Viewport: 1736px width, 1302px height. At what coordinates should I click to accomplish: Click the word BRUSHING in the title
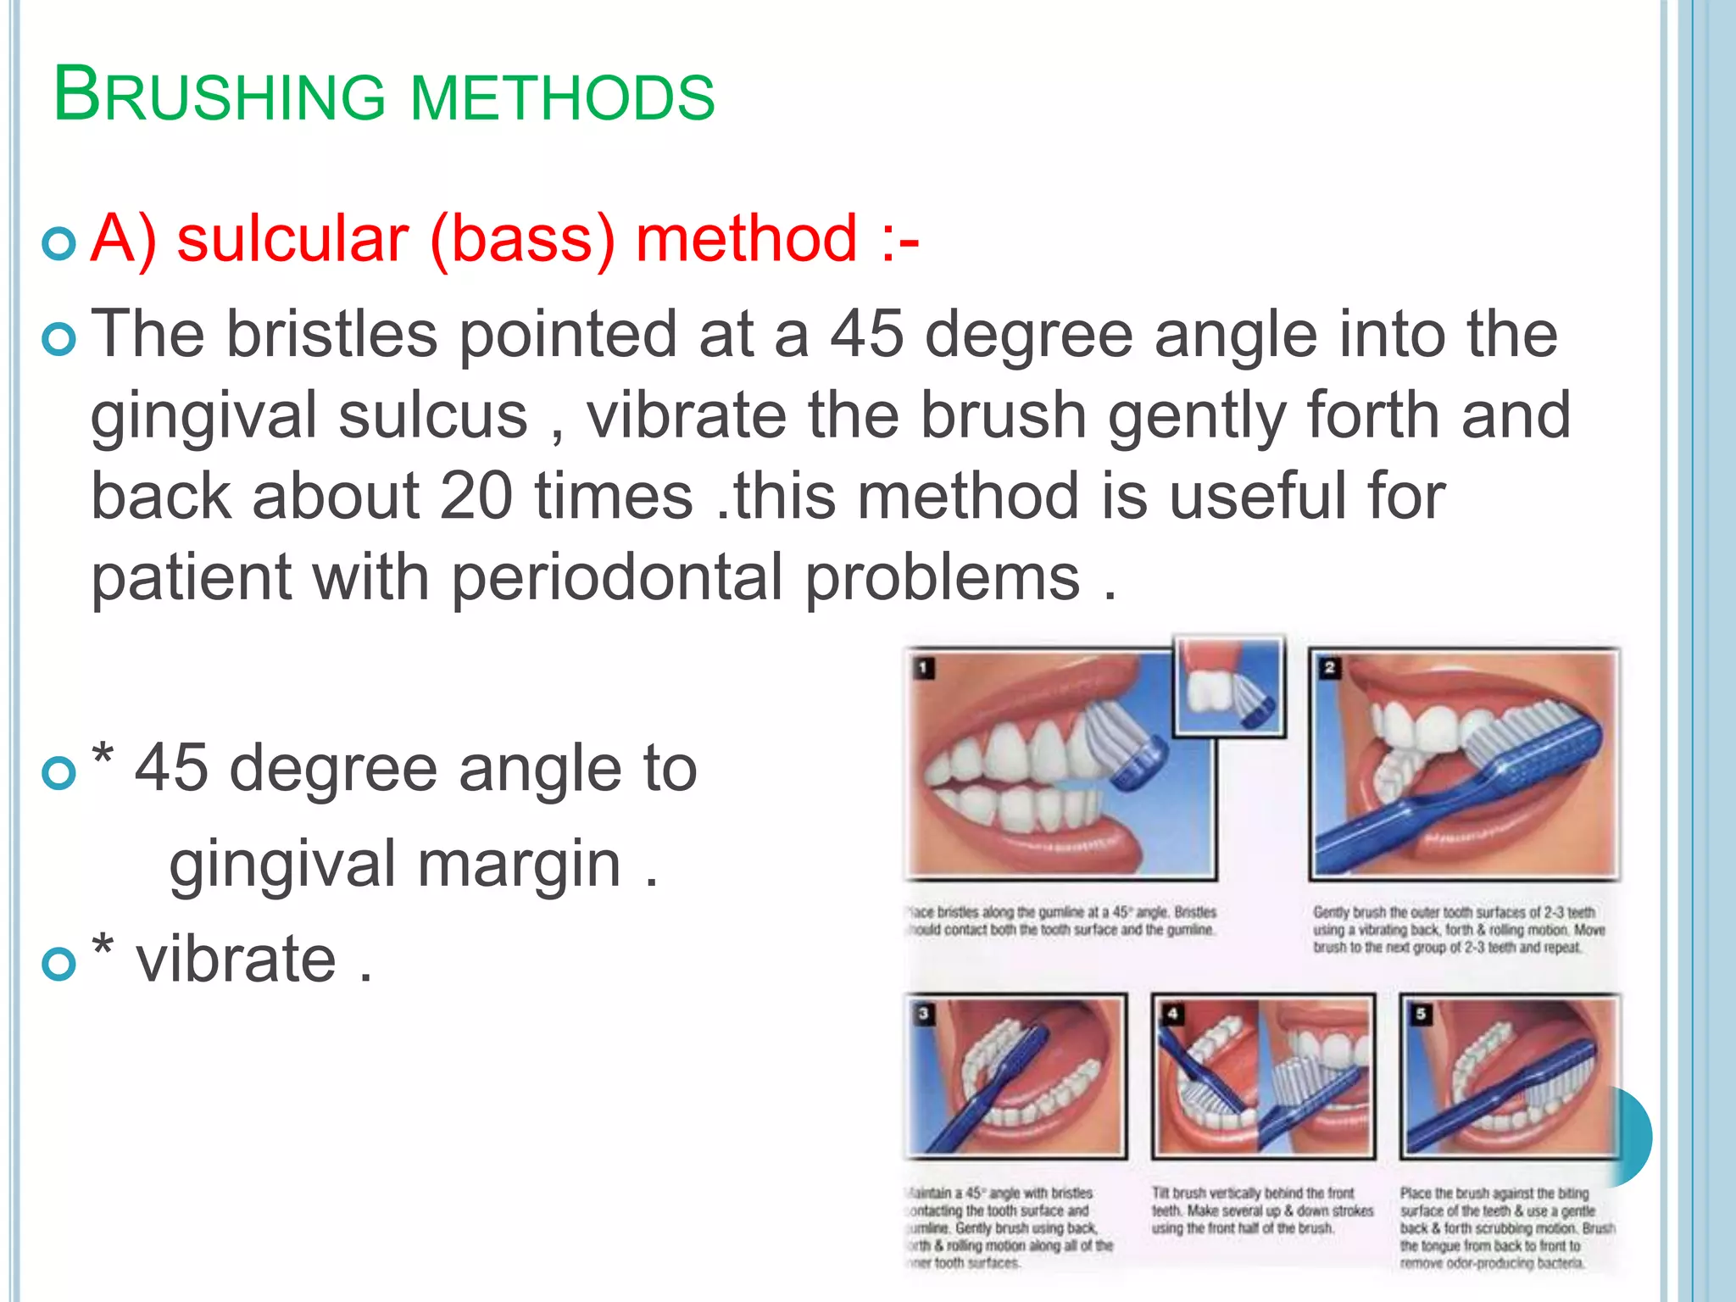[x=219, y=96]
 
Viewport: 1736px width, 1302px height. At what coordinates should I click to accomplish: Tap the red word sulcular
[x=292, y=239]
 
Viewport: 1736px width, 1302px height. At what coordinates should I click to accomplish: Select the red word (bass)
[x=522, y=241]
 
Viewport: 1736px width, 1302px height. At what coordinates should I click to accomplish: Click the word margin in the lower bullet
[x=520, y=865]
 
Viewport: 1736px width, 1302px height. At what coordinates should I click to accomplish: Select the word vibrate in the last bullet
[x=236, y=960]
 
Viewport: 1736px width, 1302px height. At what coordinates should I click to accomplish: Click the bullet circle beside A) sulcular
[x=59, y=244]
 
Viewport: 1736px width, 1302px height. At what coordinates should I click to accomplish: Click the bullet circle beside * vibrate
[x=59, y=964]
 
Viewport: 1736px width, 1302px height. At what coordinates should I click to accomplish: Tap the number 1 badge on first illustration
[x=924, y=668]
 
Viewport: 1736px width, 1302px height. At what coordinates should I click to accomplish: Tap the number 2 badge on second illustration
[x=1329, y=668]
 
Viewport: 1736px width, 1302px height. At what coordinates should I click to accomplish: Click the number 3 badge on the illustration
[x=924, y=1014]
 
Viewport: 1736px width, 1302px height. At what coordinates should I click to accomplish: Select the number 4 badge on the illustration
[x=1172, y=1014]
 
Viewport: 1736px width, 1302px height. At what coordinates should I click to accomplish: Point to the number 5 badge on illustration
[x=1421, y=1014]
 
